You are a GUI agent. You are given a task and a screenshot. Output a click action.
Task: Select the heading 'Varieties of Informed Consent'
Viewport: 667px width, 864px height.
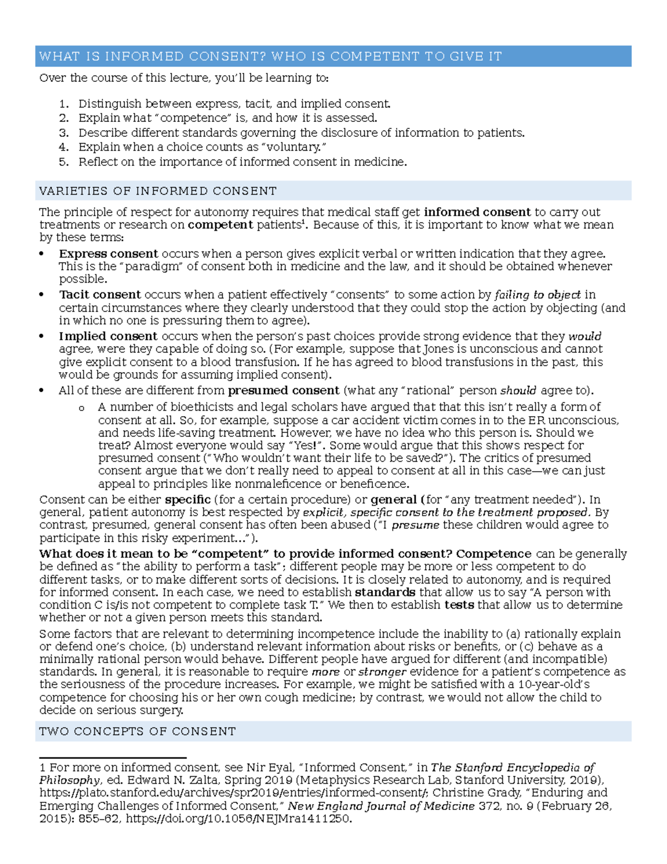(158, 191)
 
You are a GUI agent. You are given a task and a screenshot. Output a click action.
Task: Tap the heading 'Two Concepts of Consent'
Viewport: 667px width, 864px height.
(138, 731)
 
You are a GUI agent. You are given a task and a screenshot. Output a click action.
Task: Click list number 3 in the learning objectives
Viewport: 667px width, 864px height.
(64, 133)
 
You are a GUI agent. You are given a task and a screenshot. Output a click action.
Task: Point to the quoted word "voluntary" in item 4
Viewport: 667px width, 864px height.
(293, 147)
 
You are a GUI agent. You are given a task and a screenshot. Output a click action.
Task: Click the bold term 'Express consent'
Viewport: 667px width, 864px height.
(108, 254)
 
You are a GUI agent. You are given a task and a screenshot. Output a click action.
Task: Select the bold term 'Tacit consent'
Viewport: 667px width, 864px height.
(100, 295)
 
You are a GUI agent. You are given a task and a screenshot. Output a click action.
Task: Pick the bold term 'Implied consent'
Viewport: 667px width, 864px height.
(108, 337)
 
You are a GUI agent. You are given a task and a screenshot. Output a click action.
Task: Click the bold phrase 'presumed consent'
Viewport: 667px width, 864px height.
(283, 391)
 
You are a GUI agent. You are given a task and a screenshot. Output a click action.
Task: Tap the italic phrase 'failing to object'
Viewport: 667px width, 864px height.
(537, 295)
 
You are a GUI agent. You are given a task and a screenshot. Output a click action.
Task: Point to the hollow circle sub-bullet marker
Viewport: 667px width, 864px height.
(82, 408)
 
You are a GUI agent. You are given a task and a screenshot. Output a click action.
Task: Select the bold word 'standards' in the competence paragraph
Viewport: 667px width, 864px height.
(385, 593)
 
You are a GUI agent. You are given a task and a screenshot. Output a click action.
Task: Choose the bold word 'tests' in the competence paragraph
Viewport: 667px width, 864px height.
(459, 605)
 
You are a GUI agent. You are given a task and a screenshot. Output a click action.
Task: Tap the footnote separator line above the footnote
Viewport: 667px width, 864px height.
(112, 758)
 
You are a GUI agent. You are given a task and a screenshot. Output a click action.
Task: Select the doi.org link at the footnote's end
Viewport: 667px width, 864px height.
(239, 819)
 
